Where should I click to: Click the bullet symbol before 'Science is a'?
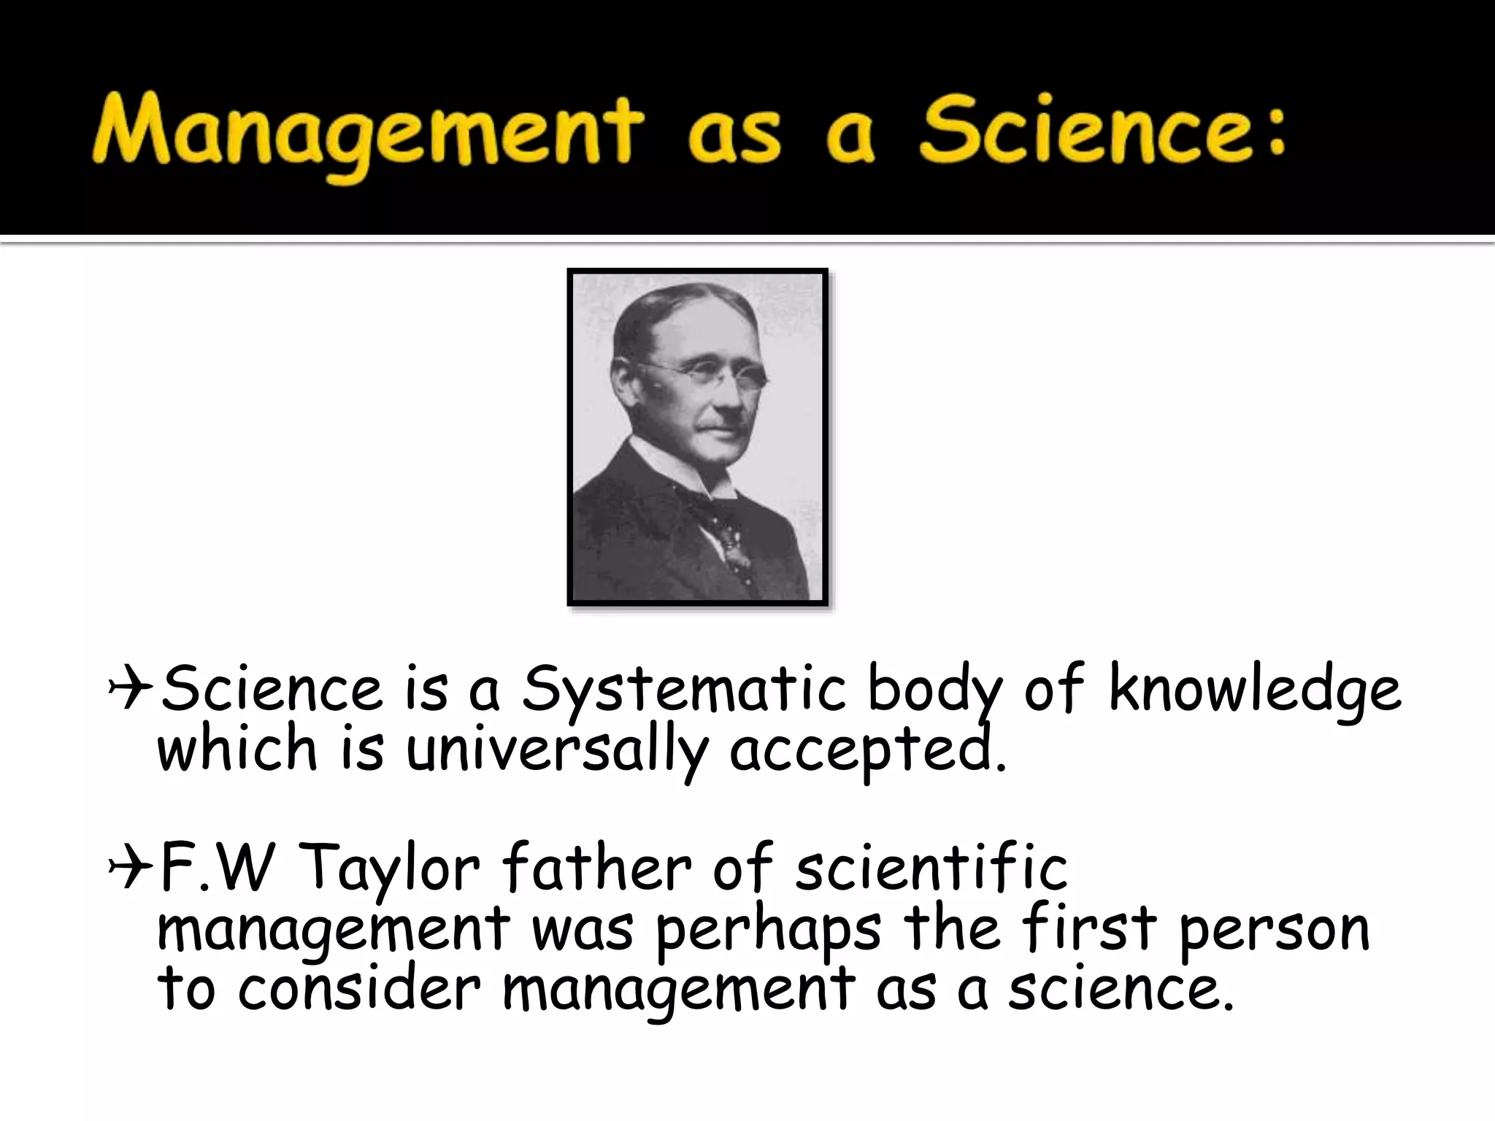pyautogui.click(x=129, y=690)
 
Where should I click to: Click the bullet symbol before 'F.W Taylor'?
pyautogui.click(x=129, y=868)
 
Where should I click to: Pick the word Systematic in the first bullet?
pyautogui.click(x=683, y=690)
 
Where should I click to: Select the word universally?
pyautogui.click(x=557, y=752)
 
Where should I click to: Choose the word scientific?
pyautogui.click(x=931, y=868)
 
